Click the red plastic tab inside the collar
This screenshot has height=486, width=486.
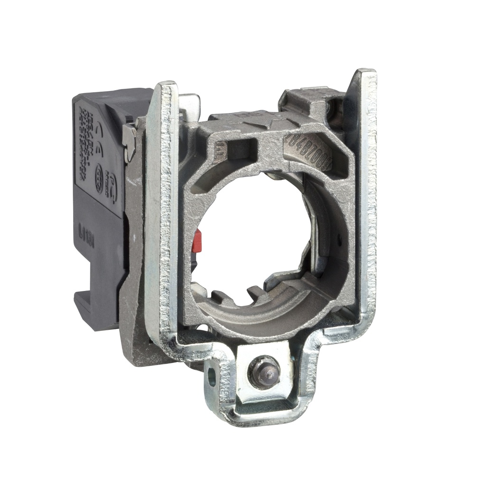tap(197, 241)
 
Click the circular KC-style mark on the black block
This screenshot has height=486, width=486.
tap(99, 171)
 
